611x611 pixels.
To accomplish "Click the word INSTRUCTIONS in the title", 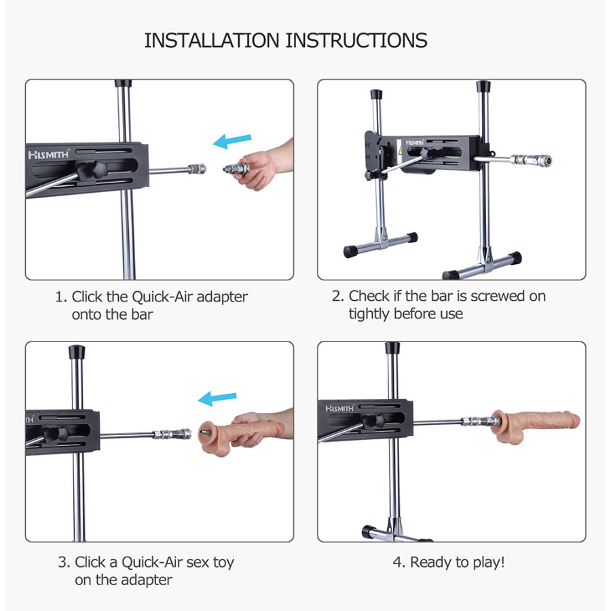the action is [x=356, y=41].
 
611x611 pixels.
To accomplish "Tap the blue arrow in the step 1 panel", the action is [x=232, y=141].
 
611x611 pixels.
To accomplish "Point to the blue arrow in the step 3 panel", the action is [x=217, y=399].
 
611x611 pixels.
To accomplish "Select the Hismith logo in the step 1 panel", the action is [x=48, y=155].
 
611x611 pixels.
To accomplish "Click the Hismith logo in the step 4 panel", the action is [x=339, y=408].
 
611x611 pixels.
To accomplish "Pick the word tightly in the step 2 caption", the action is [x=369, y=314].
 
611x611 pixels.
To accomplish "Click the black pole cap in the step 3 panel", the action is [x=77, y=352].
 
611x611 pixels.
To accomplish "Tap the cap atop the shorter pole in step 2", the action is [x=376, y=94].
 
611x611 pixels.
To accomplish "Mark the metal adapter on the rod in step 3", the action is [x=172, y=434].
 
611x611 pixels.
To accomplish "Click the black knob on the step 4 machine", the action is [x=375, y=420].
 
